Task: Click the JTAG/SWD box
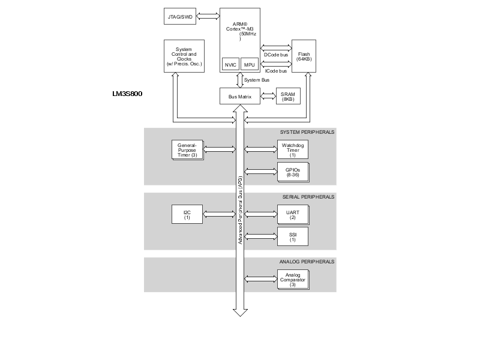179,16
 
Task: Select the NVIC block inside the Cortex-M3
230,64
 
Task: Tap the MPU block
250,64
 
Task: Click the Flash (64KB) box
304,56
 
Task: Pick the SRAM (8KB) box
288,96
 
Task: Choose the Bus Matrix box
240,96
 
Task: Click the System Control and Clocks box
184,56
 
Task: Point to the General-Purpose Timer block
187,150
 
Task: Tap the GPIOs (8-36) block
292,172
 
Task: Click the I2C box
187,214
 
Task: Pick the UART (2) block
292,214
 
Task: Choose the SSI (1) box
292,236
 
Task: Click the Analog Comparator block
292,280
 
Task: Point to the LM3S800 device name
127,94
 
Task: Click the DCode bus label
275,55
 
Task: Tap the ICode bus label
275,71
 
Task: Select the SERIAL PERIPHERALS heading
308,197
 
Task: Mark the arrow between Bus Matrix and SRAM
268,96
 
